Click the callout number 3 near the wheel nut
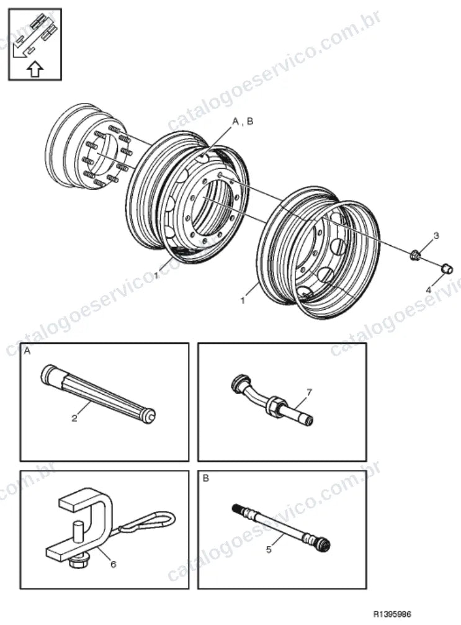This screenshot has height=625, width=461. point(436,236)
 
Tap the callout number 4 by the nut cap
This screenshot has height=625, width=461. point(428,290)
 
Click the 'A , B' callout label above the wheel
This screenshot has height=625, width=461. point(243,121)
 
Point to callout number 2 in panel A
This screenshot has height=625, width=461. point(74,418)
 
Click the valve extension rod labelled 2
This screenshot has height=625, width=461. point(98,394)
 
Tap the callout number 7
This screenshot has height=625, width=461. point(309,392)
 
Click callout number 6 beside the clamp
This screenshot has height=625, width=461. point(113,564)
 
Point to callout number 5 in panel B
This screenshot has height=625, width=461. point(269,550)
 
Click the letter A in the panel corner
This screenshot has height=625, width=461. point(27,351)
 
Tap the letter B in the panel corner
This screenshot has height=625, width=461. point(205,478)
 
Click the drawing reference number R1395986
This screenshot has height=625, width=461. point(392,613)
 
